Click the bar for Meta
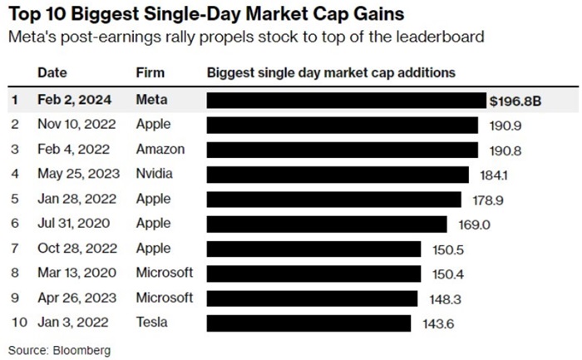(347, 101)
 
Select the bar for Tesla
(308, 323)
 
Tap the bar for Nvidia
(338, 175)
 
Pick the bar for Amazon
(343, 150)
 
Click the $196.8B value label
(514, 101)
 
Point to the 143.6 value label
(434, 323)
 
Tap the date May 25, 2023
(79, 175)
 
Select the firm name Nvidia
(155, 175)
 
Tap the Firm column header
(150, 73)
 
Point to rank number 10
(16, 323)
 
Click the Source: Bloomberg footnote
(59, 350)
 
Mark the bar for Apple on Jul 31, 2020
(327, 224)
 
